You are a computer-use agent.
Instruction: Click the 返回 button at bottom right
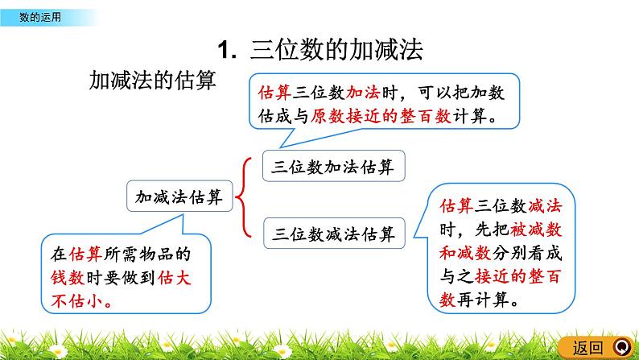(x=588, y=348)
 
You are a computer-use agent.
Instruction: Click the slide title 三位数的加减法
(x=337, y=50)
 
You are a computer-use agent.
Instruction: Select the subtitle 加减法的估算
(x=153, y=81)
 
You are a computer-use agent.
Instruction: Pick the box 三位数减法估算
(x=334, y=234)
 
